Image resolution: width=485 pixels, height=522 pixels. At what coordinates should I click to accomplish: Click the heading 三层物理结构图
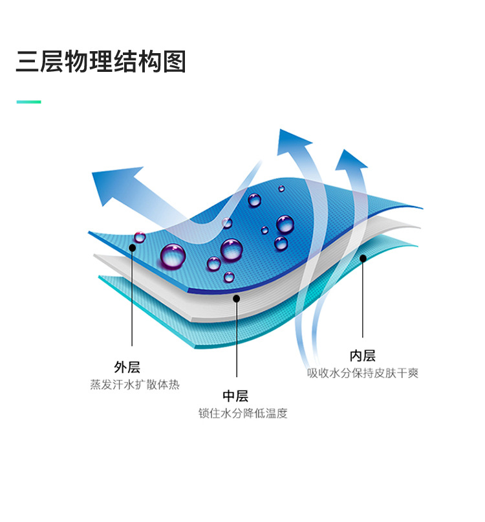point(101,62)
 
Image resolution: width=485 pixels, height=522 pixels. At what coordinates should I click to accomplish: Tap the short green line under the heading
point(29,102)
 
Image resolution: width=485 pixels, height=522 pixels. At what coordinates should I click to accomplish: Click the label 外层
point(127,367)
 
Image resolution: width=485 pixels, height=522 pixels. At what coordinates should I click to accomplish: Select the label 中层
point(235,396)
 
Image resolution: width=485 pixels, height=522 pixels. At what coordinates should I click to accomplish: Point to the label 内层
point(363,356)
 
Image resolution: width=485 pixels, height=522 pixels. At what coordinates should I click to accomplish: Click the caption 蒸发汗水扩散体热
point(135,385)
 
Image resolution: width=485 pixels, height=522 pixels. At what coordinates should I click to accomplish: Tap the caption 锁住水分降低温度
point(243,413)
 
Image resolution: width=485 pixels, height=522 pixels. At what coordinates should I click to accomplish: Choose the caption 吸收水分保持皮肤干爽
point(363,373)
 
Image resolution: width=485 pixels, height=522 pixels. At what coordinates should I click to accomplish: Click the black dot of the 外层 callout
point(133,247)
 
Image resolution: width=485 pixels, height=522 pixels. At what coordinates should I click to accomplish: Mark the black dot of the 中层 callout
point(236,299)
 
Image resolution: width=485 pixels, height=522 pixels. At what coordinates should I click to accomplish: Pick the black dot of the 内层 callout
point(363,258)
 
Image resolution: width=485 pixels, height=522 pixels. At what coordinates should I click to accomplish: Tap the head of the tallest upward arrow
point(292,141)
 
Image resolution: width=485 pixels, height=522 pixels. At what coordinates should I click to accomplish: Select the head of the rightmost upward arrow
point(350,161)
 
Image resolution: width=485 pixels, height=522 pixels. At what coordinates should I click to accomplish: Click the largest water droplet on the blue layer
point(173,256)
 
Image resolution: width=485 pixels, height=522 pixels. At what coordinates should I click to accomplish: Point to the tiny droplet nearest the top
point(281,188)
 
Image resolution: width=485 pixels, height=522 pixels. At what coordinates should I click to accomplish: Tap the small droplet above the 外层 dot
point(140,237)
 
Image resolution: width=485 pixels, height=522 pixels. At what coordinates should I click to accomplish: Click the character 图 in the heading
point(174,62)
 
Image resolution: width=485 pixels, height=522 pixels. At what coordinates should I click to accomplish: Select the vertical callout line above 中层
point(237,338)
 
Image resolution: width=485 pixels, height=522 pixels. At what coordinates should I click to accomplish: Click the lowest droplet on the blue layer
point(229,277)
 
